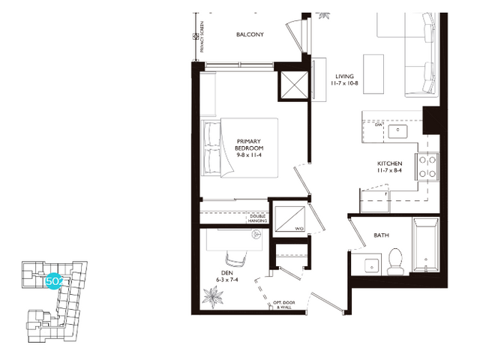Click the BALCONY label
coord(248,35)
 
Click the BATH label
coord(381,235)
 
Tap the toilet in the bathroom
coord(396,259)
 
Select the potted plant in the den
coord(215,295)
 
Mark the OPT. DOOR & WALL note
coord(283,304)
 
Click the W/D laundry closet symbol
coord(289,217)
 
